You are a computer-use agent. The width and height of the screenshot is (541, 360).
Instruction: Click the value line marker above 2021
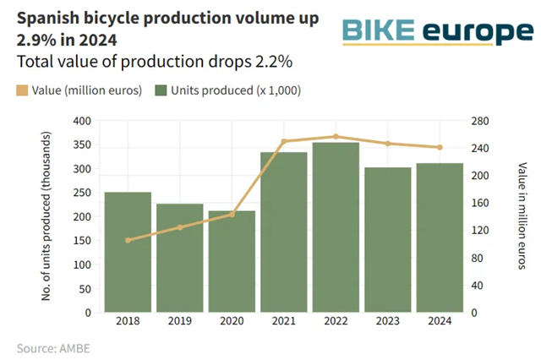[x=283, y=141]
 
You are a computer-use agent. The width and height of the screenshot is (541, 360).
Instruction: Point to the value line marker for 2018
[x=128, y=240]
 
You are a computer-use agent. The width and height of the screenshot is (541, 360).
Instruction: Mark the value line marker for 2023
[x=387, y=144]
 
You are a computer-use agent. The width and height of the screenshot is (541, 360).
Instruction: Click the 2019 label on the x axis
[x=179, y=321]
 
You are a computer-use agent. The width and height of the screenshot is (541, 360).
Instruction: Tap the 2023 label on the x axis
[x=387, y=321]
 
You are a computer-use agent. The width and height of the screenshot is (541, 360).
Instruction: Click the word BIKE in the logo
[x=378, y=32]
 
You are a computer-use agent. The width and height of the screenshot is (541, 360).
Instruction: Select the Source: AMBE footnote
[x=52, y=347]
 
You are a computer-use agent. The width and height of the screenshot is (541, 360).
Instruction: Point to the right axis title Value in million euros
[x=522, y=216]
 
